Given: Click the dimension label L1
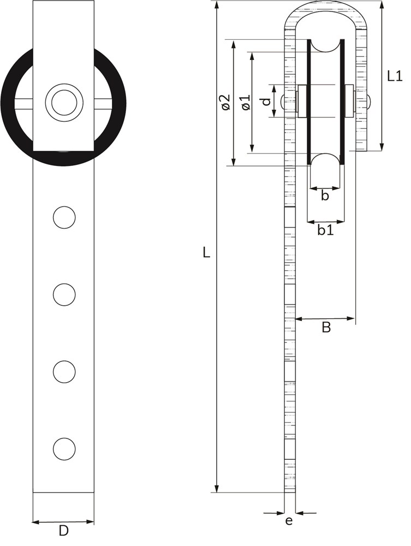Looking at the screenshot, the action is pos(395,75).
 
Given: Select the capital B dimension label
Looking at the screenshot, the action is pos(326,327).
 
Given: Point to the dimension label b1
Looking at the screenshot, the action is pos(325,230).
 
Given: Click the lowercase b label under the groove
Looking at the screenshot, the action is pos(325,195).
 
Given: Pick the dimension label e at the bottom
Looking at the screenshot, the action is pos(289,521).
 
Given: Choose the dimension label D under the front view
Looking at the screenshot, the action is pos(63,531).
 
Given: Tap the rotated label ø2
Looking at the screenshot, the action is pos(225,102).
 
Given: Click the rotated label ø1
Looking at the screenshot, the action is pos(246,102).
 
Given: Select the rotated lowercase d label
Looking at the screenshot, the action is pos(266,102).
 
